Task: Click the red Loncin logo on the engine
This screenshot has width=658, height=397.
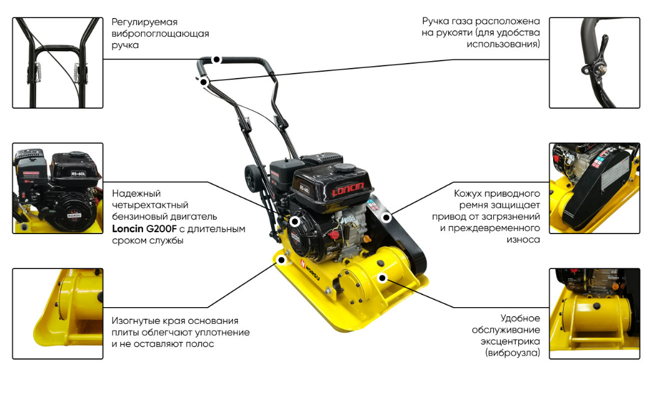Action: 348,189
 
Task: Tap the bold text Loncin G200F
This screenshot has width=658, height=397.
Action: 144,229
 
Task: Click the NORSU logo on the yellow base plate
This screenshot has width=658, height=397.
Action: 310,269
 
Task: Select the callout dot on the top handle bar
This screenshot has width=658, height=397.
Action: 217,60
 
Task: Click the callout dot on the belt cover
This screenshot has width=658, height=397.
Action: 386,217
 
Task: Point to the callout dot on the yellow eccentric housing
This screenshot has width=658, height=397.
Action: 382,278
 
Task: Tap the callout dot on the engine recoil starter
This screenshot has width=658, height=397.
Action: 295,222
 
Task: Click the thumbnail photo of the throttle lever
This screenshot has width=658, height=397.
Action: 594,63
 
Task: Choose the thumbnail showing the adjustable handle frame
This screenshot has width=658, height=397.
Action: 58,63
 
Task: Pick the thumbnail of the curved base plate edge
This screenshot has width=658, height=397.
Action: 58,314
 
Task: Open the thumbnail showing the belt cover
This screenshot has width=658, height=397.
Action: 594,189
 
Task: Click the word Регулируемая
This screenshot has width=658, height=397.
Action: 144,22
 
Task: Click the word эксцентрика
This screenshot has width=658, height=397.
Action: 510,341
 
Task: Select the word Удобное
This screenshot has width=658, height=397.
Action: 521,318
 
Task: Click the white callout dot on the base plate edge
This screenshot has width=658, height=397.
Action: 282,260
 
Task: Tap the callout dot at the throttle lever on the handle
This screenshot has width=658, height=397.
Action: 204,82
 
